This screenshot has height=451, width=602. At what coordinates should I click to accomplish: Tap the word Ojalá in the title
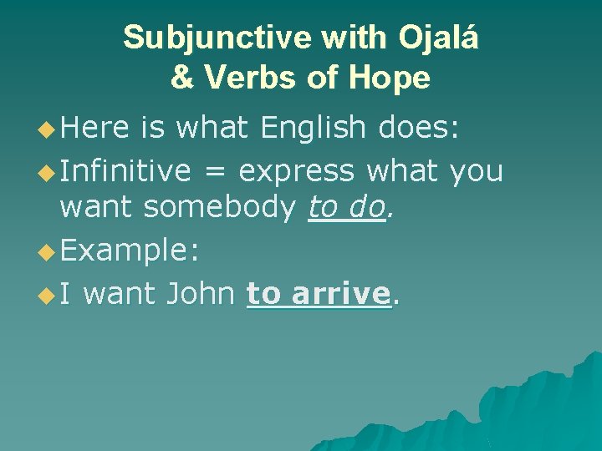click(438, 38)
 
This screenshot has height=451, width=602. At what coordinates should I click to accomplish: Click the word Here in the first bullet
click(94, 128)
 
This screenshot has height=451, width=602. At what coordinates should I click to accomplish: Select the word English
click(313, 128)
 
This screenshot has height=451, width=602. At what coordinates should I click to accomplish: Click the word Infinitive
click(125, 170)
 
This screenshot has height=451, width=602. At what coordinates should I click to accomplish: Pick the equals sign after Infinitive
click(215, 172)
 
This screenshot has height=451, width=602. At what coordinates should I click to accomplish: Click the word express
click(296, 172)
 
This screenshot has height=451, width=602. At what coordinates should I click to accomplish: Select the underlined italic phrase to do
click(345, 206)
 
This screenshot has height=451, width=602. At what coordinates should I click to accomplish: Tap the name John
click(201, 293)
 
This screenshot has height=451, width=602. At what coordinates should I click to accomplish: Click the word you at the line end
click(476, 172)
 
